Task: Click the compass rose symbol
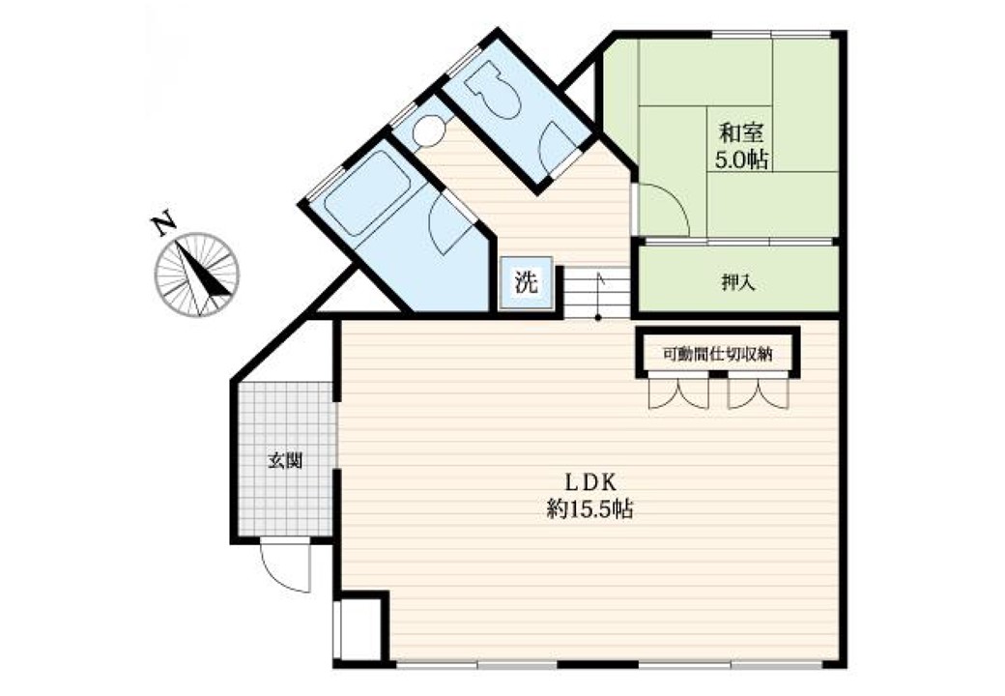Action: click(197, 275)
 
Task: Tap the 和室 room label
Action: click(741, 133)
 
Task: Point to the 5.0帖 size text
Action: click(741, 159)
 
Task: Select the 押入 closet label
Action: click(738, 282)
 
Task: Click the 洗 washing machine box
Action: click(527, 282)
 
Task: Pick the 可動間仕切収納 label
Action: click(718, 354)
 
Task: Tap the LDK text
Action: click(589, 480)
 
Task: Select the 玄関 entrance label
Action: click(284, 460)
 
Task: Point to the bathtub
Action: click(368, 194)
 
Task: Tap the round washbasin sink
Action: click(429, 131)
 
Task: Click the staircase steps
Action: click(597, 292)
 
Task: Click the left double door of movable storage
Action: click(679, 392)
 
